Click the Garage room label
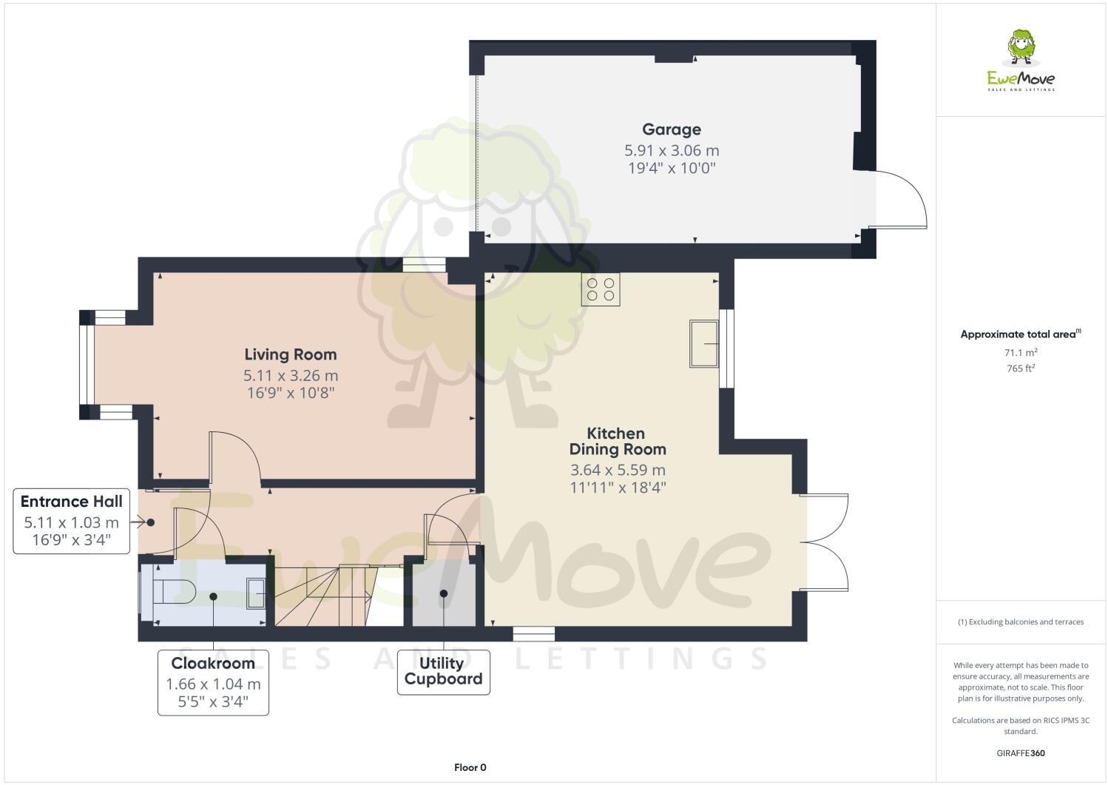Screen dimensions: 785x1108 coord(671,129)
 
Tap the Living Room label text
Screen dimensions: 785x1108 coord(290,354)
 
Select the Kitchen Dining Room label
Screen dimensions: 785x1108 coord(617,441)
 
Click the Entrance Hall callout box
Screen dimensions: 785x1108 coord(72,521)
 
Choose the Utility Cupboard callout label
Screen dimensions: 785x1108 coord(443,672)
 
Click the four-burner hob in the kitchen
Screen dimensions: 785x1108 coord(600,289)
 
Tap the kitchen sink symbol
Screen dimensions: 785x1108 coord(703,343)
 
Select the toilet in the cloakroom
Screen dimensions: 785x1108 coord(173,593)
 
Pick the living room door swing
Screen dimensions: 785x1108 coord(234,459)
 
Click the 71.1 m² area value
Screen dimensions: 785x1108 coord(1021,353)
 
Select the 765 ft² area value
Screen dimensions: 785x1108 coord(1021,368)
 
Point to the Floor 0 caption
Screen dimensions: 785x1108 coord(470,767)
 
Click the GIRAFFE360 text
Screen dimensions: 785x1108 coord(1021,754)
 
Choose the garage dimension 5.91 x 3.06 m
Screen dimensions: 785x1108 coord(671,151)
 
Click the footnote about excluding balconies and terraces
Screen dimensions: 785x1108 coord(1021,621)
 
